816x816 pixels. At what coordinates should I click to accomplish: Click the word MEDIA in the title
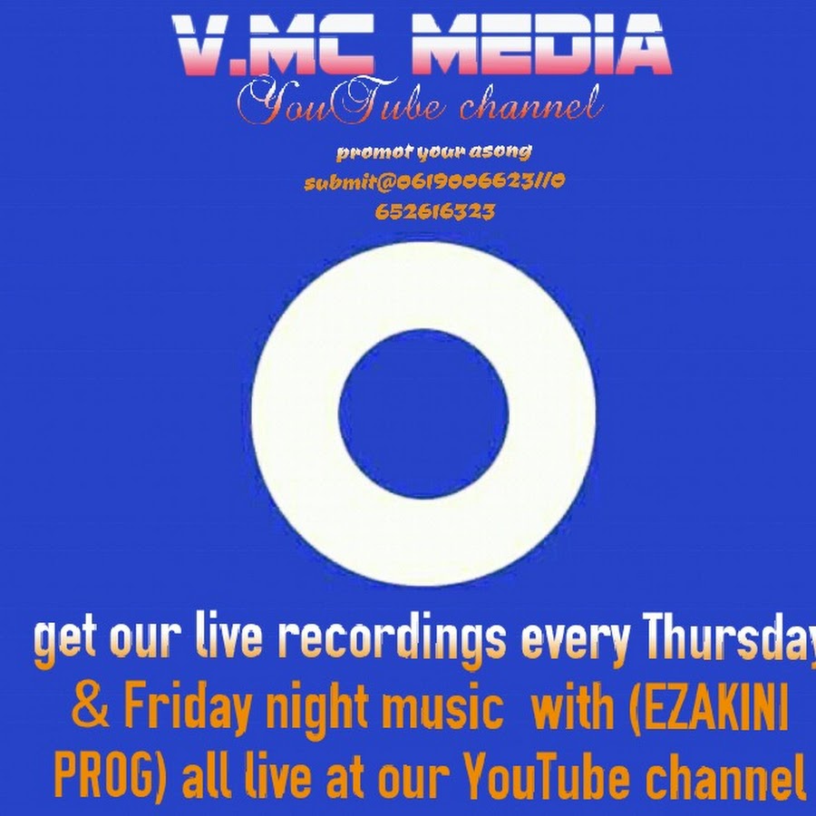tap(541, 44)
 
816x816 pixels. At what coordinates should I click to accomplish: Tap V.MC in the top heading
tap(274, 44)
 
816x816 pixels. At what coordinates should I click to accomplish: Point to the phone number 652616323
tap(434, 212)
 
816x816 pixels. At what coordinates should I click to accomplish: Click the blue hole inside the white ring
tap(423, 413)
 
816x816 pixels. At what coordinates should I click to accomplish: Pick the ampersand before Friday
tap(92, 705)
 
